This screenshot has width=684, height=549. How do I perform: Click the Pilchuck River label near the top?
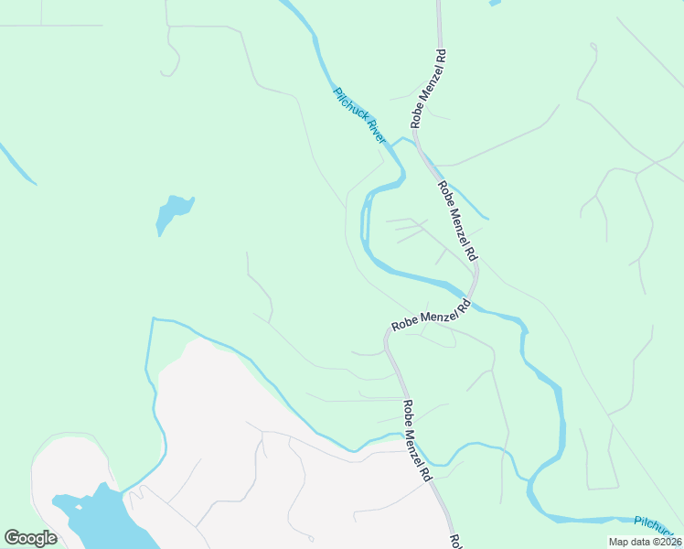coord(360,115)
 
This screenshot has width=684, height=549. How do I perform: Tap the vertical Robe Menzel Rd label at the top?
coord(428,88)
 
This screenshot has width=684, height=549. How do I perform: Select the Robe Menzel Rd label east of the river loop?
coord(457,220)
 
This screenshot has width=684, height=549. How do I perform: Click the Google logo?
coord(30,538)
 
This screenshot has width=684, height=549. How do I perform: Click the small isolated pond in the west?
coord(172,212)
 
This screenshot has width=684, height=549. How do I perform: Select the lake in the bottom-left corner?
coord(91,517)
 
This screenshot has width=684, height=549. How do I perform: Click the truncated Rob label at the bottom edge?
coord(454,541)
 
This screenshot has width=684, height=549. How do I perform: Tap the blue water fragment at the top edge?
coord(495,3)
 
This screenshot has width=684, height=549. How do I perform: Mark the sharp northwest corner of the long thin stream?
coord(153,319)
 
